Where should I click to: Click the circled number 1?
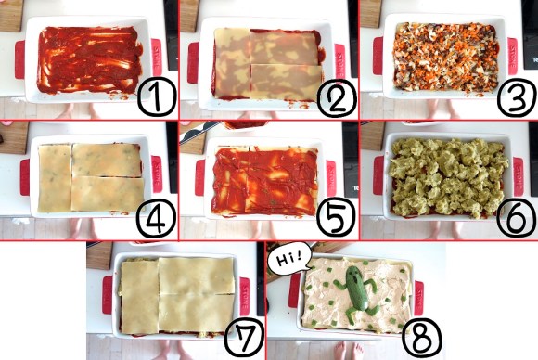(x=157, y=96)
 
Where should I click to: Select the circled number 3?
(x=517, y=97)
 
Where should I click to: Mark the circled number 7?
(x=244, y=338)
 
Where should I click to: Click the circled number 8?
(x=422, y=338)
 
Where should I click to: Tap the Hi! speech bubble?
(x=289, y=260)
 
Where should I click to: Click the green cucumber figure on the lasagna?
(x=357, y=291)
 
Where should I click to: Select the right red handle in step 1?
(x=157, y=57)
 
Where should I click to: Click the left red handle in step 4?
(x=25, y=177)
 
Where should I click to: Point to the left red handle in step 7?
(x=107, y=295)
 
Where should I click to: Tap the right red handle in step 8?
(x=418, y=298)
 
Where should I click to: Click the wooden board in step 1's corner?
(x=11, y=16)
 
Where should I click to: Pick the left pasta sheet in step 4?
(x=55, y=178)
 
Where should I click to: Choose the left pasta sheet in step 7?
(x=139, y=297)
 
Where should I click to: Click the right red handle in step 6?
(x=519, y=176)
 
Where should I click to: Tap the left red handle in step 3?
(x=378, y=56)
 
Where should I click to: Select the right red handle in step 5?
(x=331, y=178)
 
